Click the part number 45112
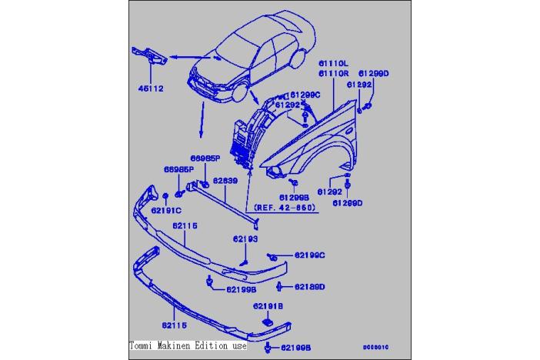151,88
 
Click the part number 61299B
293,197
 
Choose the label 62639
225,181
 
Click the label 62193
246,239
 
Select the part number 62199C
309,255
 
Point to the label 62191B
268,306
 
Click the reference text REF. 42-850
284,208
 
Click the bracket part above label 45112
149,58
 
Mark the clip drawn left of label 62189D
280,287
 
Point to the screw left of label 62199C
272,255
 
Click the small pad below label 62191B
268,322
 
